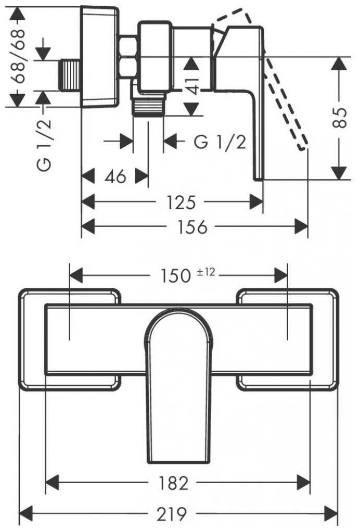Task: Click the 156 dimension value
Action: tap(192, 226)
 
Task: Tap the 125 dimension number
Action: tap(181, 202)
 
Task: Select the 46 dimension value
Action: tap(115, 176)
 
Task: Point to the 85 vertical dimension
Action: tap(339, 118)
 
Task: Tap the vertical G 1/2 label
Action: tap(44, 145)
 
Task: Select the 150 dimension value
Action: tap(175, 275)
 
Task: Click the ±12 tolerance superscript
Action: tap(206, 272)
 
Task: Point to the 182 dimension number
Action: tap(173, 483)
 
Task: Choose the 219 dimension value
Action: tap(172, 514)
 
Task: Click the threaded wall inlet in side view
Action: tap(70, 75)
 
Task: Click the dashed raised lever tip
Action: tap(303, 144)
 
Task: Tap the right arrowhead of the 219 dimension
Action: tap(331, 513)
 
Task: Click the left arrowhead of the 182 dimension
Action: tap(53, 482)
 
